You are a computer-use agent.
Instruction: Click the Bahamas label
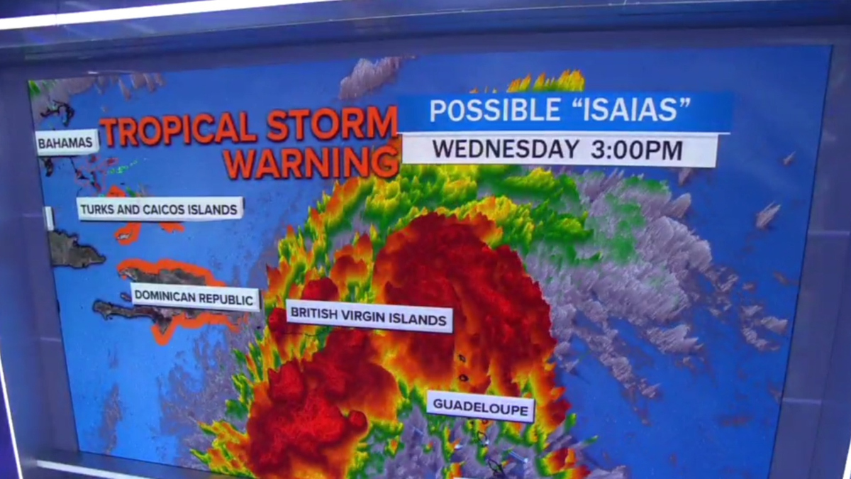(67, 143)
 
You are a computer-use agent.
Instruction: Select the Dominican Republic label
(194, 299)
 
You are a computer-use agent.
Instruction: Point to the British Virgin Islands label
(369, 319)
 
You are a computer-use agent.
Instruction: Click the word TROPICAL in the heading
(177, 129)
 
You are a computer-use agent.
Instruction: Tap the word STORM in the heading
(332, 125)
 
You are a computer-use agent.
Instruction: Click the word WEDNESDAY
(505, 149)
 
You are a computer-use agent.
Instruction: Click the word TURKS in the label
(98, 209)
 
